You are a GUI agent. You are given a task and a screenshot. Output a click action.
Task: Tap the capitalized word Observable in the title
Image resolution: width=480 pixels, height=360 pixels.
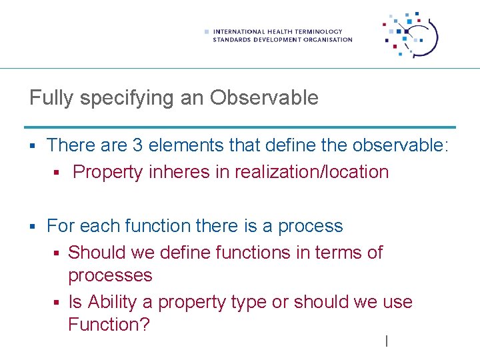tap(264, 98)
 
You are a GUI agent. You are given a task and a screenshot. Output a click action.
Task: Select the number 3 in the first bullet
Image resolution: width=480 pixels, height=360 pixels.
tap(138, 145)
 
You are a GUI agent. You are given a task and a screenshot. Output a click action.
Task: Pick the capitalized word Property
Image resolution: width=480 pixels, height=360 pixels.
tap(108, 172)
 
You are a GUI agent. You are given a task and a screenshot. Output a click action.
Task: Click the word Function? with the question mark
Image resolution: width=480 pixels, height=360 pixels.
tap(109, 325)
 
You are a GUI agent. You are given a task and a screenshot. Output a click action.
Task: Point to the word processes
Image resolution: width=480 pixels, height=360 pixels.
tap(110, 275)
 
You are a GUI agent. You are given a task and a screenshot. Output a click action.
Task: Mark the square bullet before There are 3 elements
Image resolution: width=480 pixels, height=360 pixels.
tap(33, 145)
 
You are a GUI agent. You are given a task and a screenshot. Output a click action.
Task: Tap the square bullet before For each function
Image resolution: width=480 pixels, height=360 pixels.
tap(33, 227)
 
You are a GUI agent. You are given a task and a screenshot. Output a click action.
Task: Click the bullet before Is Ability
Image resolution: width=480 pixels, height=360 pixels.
tap(58, 303)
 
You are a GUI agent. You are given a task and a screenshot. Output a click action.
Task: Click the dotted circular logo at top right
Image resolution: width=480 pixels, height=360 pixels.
tap(411, 35)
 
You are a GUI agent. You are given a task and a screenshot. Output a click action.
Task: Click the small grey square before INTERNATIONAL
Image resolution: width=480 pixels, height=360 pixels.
tap(207, 31)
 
